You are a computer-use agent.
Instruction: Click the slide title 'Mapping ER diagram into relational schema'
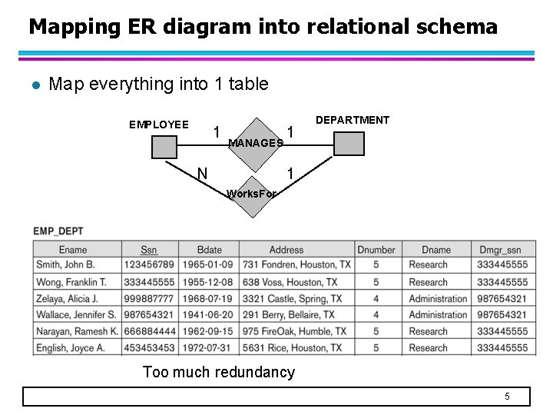click(263, 28)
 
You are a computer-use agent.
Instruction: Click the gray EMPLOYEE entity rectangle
click(164, 146)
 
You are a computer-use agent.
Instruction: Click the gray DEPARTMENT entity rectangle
click(348, 144)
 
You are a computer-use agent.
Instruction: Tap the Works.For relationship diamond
click(252, 194)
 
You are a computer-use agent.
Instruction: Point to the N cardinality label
click(202, 174)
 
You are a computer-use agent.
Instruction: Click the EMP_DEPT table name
click(58, 231)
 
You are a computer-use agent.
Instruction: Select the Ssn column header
click(149, 250)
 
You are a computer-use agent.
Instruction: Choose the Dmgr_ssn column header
click(499, 250)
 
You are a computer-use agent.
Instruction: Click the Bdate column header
click(209, 250)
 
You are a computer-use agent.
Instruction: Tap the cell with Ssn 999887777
click(150, 299)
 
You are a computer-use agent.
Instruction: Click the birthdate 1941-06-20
click(209, 315)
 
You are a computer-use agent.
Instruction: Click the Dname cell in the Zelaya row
click(438, 299)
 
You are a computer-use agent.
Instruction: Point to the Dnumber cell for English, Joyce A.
click(376, 348)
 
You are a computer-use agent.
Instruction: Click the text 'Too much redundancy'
click(219, 373)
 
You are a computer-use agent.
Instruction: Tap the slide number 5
click(507, 397)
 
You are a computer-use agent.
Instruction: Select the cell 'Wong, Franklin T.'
click(75, 282)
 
